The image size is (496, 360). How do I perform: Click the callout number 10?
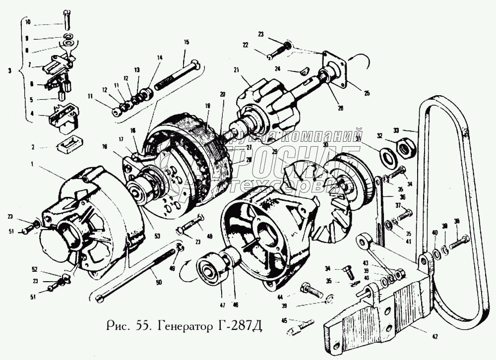click(27, 22)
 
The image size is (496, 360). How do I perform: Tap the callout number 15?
click(186, 42)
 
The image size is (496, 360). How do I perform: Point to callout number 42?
click(435, 337)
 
